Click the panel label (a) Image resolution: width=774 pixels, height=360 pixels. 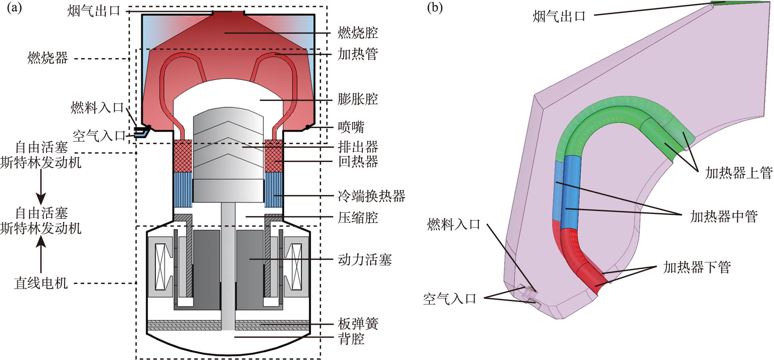(x=14, y=8)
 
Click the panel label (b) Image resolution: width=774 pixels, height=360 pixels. (x=434, y=8)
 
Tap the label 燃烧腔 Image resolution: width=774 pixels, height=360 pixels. (x=357, y=33)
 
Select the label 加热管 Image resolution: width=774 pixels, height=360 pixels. (x=357, y=54)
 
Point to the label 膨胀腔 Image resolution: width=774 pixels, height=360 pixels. (x=357, y=99)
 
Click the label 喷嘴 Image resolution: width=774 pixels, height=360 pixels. (x=351, y=127)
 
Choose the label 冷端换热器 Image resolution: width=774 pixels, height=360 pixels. (x=371, y=196)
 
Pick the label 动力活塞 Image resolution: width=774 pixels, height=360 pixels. (x=364, y=259)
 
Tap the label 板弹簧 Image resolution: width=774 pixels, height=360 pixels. (x=358, y=324)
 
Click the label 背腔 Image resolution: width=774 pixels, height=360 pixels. (x=351, y=339)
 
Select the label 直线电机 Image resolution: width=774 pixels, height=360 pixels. (x=40, y=283)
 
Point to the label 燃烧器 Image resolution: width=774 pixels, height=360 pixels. (x=47, y=58)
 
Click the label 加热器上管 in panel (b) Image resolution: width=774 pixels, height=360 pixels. (x=738, y=173)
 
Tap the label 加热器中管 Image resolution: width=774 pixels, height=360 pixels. (x=724, y=216)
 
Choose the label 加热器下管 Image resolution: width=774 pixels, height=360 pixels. (x=697, y=268)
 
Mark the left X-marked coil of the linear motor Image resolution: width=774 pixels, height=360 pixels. (x=160, y=267)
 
